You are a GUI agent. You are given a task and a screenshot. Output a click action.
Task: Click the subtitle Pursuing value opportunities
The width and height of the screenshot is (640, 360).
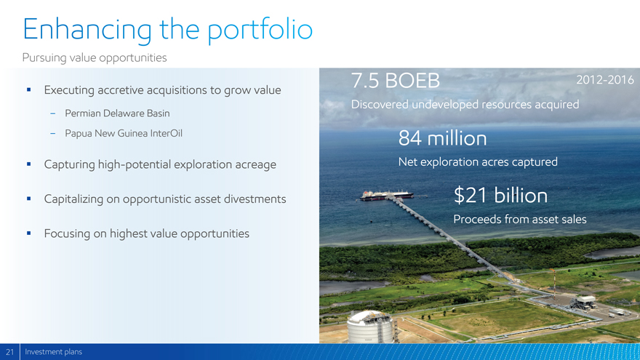[x=95, y=58]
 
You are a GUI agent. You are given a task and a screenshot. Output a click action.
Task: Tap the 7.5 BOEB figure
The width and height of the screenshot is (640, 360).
[x=395, y=81]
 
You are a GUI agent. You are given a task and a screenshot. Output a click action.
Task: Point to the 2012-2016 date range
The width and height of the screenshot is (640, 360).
[x=605, y=79]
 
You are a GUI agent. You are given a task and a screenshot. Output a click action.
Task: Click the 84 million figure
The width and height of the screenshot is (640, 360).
[x=442, y=138]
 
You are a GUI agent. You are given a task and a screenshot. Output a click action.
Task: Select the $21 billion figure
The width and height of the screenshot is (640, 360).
[x=500, y=195]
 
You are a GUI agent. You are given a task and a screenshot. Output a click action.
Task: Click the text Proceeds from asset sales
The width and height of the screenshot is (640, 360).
[x=519, y=219]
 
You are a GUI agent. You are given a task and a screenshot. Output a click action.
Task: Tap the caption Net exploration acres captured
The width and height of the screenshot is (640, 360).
[x=478, y=162]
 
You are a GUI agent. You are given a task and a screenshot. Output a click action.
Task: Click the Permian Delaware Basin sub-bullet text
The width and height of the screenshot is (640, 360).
[x=117, y=113]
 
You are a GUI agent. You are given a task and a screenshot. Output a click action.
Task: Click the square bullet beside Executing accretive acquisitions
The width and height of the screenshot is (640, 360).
[x=28, y=89]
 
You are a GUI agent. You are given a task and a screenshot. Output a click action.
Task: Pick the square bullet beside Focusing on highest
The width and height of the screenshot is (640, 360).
[x=28, y=233]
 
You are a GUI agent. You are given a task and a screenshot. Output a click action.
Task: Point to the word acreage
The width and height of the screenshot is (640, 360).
[x=255, y=165]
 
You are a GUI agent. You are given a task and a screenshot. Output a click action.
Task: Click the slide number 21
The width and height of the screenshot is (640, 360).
[x=9, y=352]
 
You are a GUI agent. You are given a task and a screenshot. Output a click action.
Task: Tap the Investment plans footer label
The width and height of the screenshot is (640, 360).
[x=54, y=352]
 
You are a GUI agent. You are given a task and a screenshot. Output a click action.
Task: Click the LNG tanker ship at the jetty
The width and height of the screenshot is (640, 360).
[x=387, y=195]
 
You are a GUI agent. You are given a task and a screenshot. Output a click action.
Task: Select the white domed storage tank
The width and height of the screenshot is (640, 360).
[x=371, y=327]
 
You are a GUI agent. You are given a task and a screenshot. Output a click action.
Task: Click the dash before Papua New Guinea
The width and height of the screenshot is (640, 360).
[x=52, y=134]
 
